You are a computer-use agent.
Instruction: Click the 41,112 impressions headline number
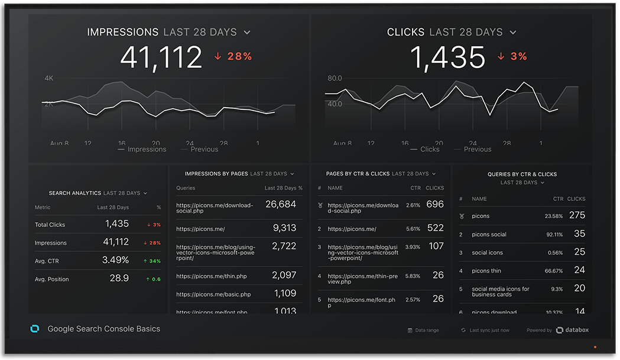point(161,57)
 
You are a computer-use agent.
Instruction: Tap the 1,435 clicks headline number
point(447,57)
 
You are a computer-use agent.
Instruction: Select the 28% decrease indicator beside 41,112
point(233,57)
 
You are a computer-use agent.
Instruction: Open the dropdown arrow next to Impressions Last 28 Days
point(247,33)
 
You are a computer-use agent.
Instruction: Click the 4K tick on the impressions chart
point(48,78)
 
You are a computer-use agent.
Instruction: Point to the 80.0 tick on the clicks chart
point(335,78)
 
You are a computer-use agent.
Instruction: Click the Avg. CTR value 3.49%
point(115,260)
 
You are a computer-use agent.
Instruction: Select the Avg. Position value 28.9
point(119,278)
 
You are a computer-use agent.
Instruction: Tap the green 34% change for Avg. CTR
point(153,261)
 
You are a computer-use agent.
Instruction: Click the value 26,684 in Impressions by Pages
point(281,204)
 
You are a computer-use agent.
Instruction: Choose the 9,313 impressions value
point(284,228)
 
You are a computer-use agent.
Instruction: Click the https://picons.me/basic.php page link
point(213,294)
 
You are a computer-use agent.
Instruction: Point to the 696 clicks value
point(434,204)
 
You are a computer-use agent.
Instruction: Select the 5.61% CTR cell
point(413,229)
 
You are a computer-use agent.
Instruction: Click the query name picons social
point(489,235)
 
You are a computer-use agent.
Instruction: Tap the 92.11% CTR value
point(553,235)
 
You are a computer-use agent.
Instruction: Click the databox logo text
point(576,330)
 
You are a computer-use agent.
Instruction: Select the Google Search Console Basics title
point(103,329)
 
